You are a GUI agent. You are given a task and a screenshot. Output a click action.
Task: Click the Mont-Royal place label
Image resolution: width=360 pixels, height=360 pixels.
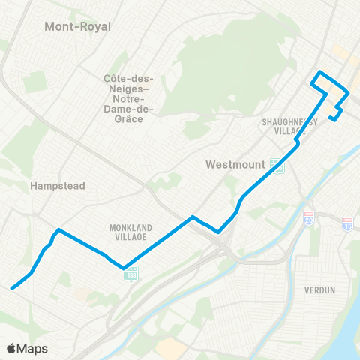pyautogui.click(x=77, y=27)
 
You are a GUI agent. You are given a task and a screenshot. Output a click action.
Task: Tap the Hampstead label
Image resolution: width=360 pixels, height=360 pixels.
pyautogui.click(x=58, y=186)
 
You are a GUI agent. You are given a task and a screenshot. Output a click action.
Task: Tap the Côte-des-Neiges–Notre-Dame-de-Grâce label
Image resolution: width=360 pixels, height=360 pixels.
pyautogui.click(x=128, y=94)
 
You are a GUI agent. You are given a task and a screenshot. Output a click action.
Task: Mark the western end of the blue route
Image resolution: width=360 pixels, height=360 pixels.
pyautogui.click(x=11, y=286)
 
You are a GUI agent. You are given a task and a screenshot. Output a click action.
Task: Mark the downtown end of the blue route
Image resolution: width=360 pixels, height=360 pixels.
pyautogui.click(x=330, y=117)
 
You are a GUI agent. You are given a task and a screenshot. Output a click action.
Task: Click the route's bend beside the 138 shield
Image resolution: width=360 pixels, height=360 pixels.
pyautogui.click(x=123, y=266)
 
